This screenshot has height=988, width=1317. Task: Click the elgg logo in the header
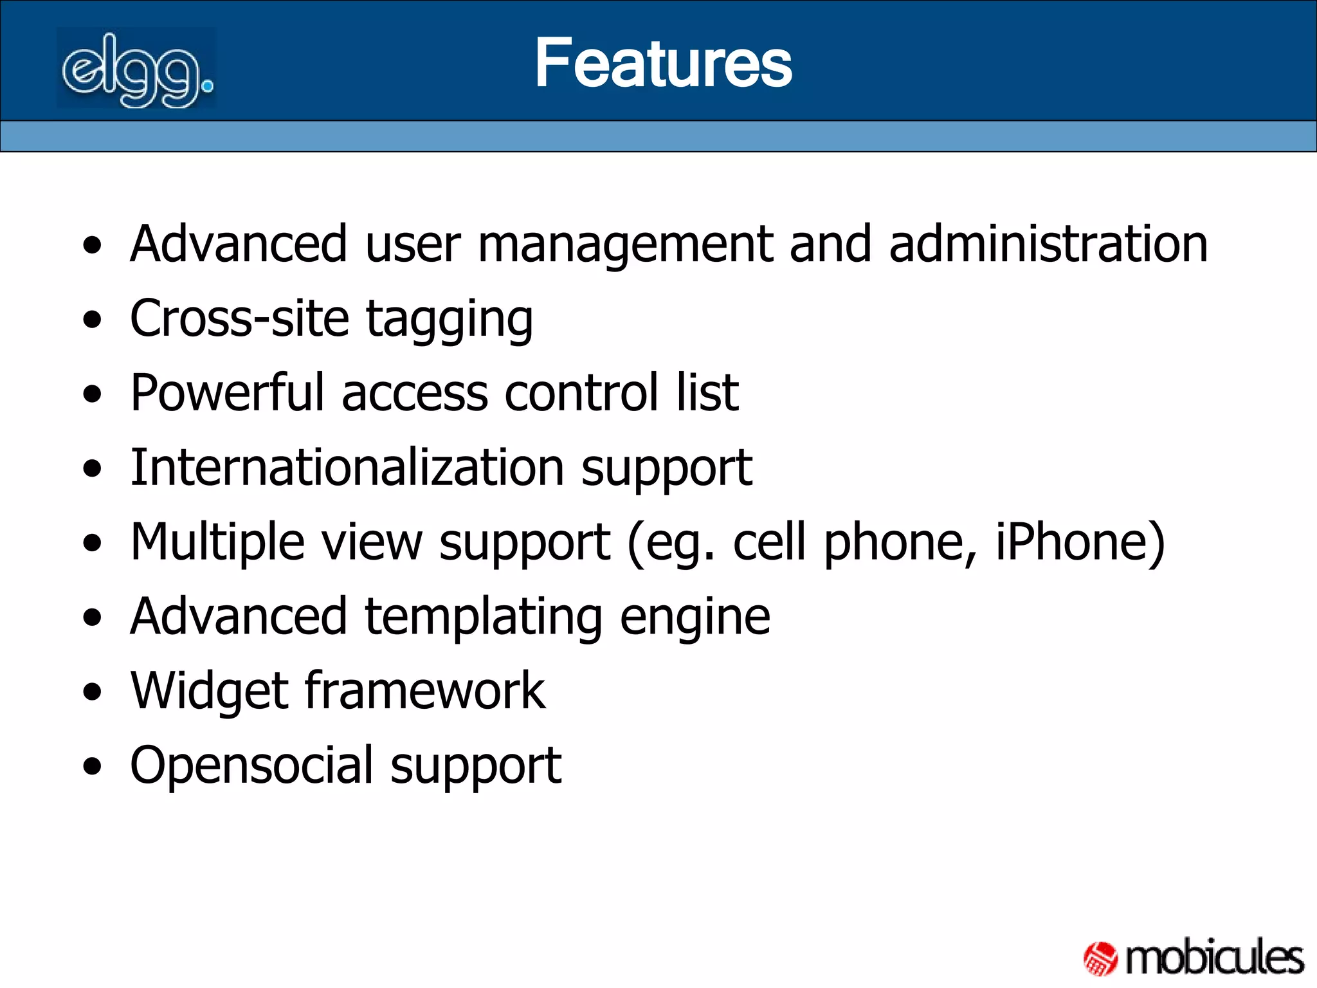136,69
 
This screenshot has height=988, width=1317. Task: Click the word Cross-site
239,318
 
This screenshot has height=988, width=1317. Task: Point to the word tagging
449,320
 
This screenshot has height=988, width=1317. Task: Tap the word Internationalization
347,467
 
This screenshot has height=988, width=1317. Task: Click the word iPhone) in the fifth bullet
1080,542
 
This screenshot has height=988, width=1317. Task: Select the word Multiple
217,542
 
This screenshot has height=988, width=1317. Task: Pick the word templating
484,617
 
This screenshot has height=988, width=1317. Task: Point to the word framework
425,691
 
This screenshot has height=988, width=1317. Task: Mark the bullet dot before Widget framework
93,692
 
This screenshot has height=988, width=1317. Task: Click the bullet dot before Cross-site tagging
93,320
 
